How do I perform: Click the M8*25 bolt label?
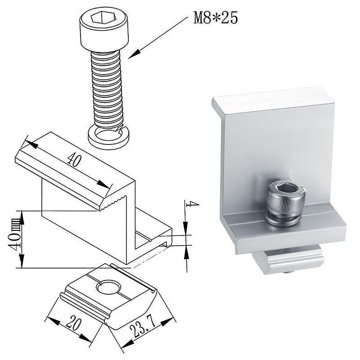[215, 18]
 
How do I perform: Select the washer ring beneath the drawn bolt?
[108, 135]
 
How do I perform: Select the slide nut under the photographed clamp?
[288, 261]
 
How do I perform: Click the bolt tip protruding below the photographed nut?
[286, 272]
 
